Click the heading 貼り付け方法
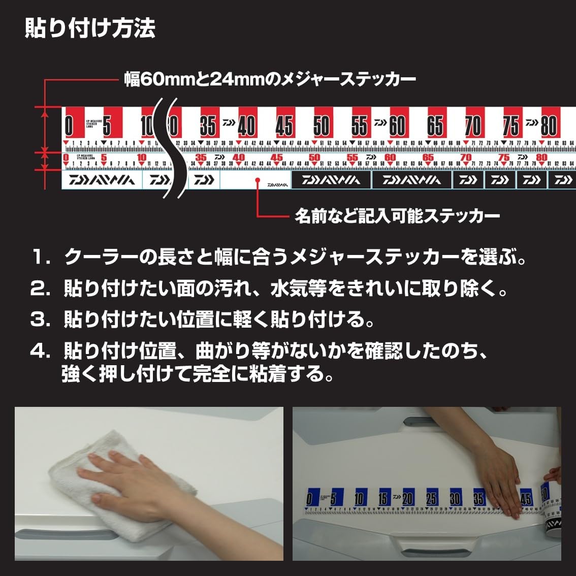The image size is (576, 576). (90, 29)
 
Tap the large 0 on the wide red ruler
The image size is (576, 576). (69, 125)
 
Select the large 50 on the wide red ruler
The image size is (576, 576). (321, 125)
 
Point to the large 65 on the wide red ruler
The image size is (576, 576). (435, 125)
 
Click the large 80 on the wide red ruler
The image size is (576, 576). (549, 125)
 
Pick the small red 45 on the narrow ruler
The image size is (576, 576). (277, 158)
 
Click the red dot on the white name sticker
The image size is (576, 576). (258, 180)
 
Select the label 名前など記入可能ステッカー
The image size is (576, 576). (397, 216)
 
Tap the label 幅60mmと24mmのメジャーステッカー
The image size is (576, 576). (270, 79)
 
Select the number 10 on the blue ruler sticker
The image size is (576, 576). (359, 498)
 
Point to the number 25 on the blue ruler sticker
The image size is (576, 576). (431, 498)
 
